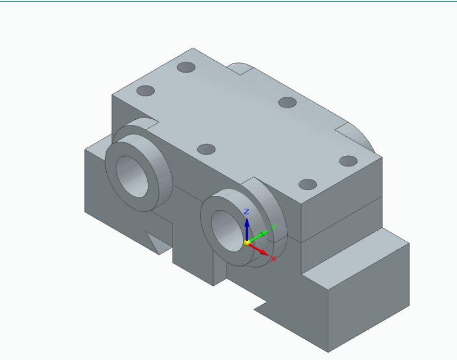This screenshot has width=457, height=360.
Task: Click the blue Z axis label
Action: coord(246,211)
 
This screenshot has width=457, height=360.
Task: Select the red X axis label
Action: coord(274,259)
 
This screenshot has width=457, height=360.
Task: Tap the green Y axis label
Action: coord(274,227)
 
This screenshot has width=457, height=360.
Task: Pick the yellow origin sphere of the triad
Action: coord(246,242)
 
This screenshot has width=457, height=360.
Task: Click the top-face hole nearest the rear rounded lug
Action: coord(186,67)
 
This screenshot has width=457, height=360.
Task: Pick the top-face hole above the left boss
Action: coord(146,91)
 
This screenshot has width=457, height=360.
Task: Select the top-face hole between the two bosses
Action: coord(207,150)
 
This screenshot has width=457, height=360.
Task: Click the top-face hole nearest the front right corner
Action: coord(307,184)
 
